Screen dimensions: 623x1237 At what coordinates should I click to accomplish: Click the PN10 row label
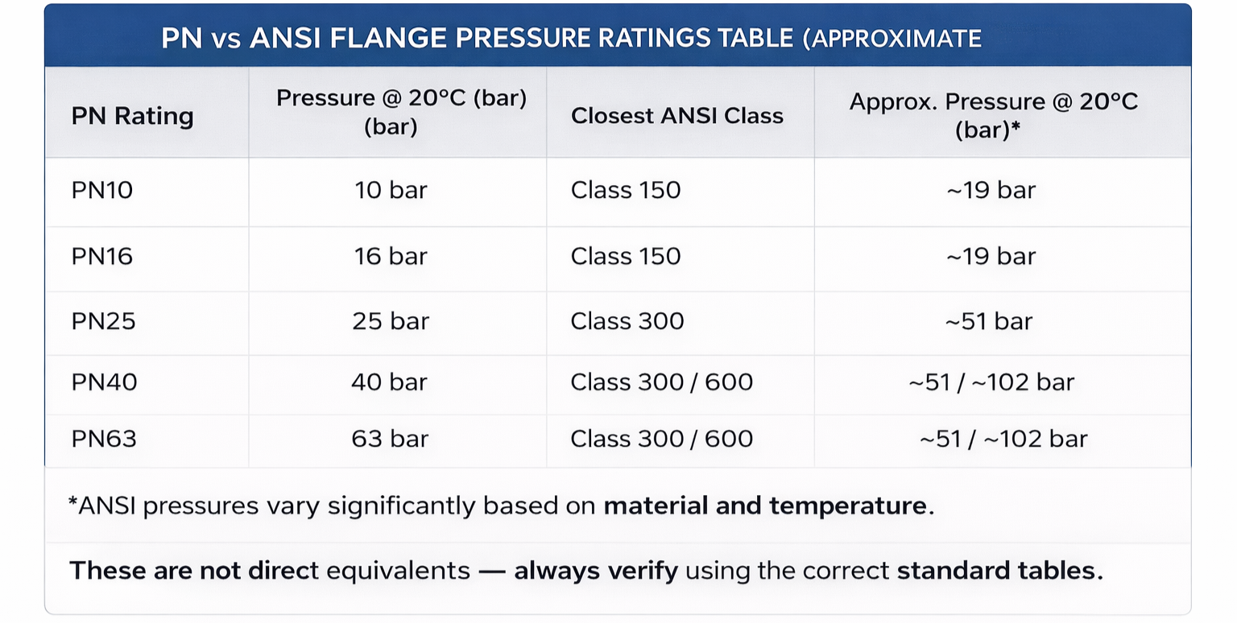point(102,190)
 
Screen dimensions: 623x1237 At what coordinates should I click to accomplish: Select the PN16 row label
point(102,256)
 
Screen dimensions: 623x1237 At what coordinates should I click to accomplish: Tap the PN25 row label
point(104,321)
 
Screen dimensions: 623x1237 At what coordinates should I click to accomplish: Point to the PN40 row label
point(105,382)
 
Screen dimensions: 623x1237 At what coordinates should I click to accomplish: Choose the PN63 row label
point(105,439)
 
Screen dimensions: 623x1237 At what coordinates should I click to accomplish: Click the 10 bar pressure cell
point(391,190)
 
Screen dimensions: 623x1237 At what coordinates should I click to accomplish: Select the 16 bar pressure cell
point(391,256)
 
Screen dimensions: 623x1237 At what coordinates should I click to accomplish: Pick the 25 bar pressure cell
point(391,321)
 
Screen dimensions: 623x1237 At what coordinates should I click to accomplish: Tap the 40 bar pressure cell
point(390,382)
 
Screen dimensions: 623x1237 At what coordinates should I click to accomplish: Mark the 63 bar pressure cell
point(390,439)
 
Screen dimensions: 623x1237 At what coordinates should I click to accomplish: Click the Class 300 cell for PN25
point(627,321)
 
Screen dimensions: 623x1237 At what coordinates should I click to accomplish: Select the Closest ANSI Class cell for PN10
point(626,190)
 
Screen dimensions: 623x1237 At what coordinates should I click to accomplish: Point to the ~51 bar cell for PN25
point(989,321)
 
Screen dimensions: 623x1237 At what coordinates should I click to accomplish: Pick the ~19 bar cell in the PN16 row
point(991,256)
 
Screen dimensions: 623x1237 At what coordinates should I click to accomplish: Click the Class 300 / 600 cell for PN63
point(662,439)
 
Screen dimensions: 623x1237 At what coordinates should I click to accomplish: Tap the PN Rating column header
point(133,116)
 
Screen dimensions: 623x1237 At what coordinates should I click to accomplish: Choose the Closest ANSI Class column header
point(677,116)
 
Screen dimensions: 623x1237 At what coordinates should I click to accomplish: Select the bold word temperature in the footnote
point(847,506)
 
